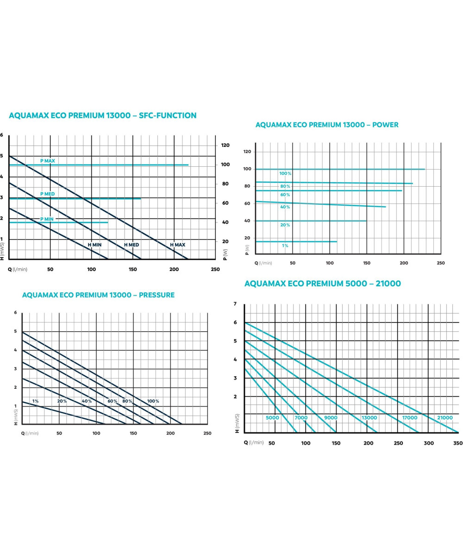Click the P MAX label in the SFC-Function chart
(x=47, y=161)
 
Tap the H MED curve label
(x=131, y=245)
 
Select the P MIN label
(x=47, y=219)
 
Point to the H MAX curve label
(x=177, y=245)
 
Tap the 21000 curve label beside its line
(x=444, y=417)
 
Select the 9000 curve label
(x=331, y=417)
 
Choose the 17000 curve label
(x=409, y=417)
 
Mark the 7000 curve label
(x=301, y=417)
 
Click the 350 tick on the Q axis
(x=457, y=443)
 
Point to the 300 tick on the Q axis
(x=429, y=443)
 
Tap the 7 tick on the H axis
(x=235, y=304)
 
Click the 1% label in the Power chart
(x=285, y=246)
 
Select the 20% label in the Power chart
(x=285, y=225)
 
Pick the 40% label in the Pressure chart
(x=87, y=401)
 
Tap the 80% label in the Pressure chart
(x=127, y=401)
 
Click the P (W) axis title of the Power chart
(x=247, y=249)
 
